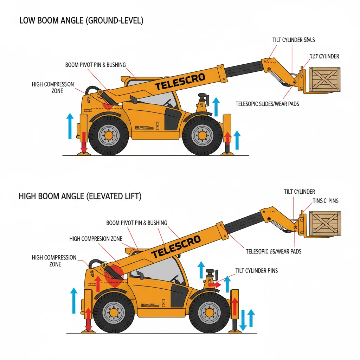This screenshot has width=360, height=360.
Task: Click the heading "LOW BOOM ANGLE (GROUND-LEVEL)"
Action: click(x=81, y=21)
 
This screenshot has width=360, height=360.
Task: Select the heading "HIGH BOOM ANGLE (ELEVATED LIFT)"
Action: click(x=80, y=196)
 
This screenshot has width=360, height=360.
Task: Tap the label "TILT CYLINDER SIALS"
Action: click(x=294, y=40)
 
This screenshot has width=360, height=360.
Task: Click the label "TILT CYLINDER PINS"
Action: click(x=256, y=270)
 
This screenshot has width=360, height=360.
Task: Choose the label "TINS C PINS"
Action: click(x=326, y=201)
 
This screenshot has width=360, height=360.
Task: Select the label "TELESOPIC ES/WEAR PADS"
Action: click(x=274, y=251)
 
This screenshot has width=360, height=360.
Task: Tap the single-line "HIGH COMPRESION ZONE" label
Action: click(x=96, y=239)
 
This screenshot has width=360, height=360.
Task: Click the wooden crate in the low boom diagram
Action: click(x=324, y=80)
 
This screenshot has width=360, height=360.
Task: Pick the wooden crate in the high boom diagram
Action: click(x=325, y=223)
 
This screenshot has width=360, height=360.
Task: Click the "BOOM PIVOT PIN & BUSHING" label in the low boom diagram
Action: click(x=95, y=65)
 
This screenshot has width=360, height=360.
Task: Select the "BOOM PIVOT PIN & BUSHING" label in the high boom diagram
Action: click(x=136, y=223)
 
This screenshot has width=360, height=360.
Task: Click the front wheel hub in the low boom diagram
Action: click(x=202, y=135)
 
